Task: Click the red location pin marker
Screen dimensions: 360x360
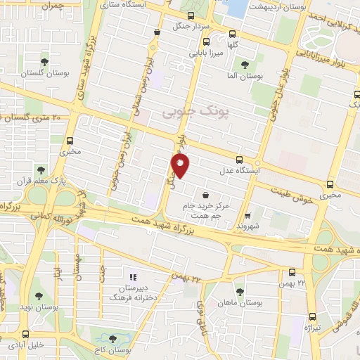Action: (181, 166)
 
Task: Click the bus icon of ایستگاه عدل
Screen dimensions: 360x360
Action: (239, 160)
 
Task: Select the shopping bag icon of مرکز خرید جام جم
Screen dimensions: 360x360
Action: (205, 195)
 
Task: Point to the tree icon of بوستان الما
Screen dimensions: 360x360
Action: (244, 64)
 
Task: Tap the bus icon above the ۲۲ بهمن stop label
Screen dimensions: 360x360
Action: (292, 271)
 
